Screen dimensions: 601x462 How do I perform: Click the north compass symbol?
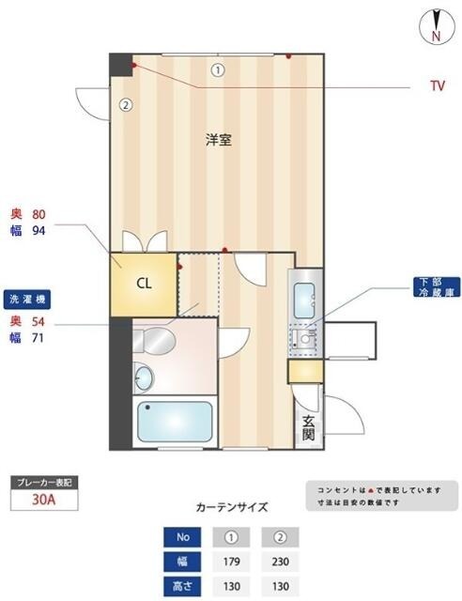436,25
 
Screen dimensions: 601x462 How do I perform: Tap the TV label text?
437,85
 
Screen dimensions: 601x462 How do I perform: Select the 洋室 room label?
219,141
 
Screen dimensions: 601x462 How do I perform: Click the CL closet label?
144,283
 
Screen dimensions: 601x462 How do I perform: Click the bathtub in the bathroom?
176,423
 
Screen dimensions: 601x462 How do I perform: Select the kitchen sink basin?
306,302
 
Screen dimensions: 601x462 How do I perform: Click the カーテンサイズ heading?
231,507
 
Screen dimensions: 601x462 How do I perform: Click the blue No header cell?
182,538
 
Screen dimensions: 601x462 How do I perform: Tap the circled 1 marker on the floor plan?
218,69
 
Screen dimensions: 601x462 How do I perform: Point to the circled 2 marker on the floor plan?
125,104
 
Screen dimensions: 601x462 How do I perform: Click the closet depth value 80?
39,213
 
